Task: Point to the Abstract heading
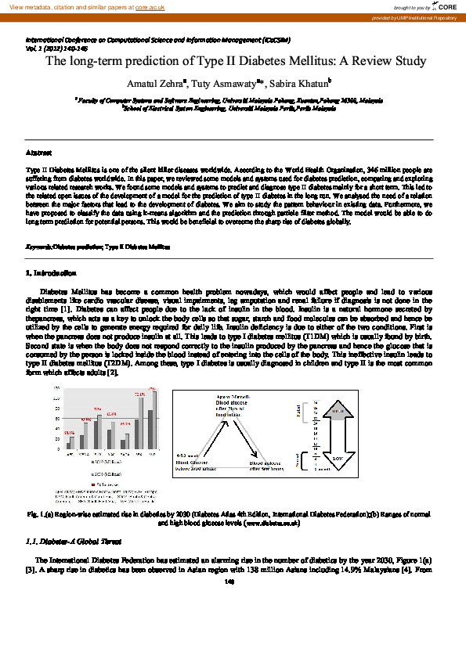point(39,152)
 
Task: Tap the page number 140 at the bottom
point(229,582)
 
